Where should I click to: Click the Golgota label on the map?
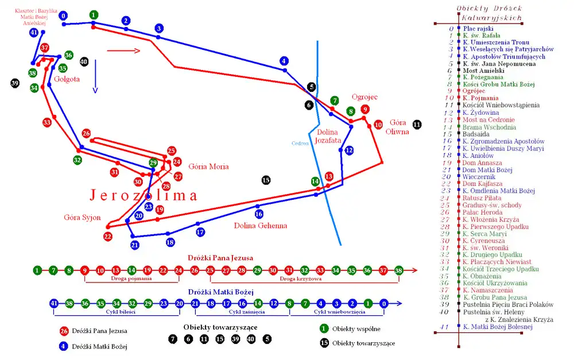[67, 79]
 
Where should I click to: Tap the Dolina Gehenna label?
[260, 226]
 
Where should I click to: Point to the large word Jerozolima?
[143, 195]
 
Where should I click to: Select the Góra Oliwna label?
[399, 127]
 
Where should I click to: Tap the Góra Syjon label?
[82, 218]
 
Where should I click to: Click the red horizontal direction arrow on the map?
[123, 51]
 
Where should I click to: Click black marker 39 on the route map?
[15, 83]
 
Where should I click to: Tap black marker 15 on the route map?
[266, 180]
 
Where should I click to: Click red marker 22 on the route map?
[108, 236]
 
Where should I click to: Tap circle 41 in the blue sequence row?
[55, 303]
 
